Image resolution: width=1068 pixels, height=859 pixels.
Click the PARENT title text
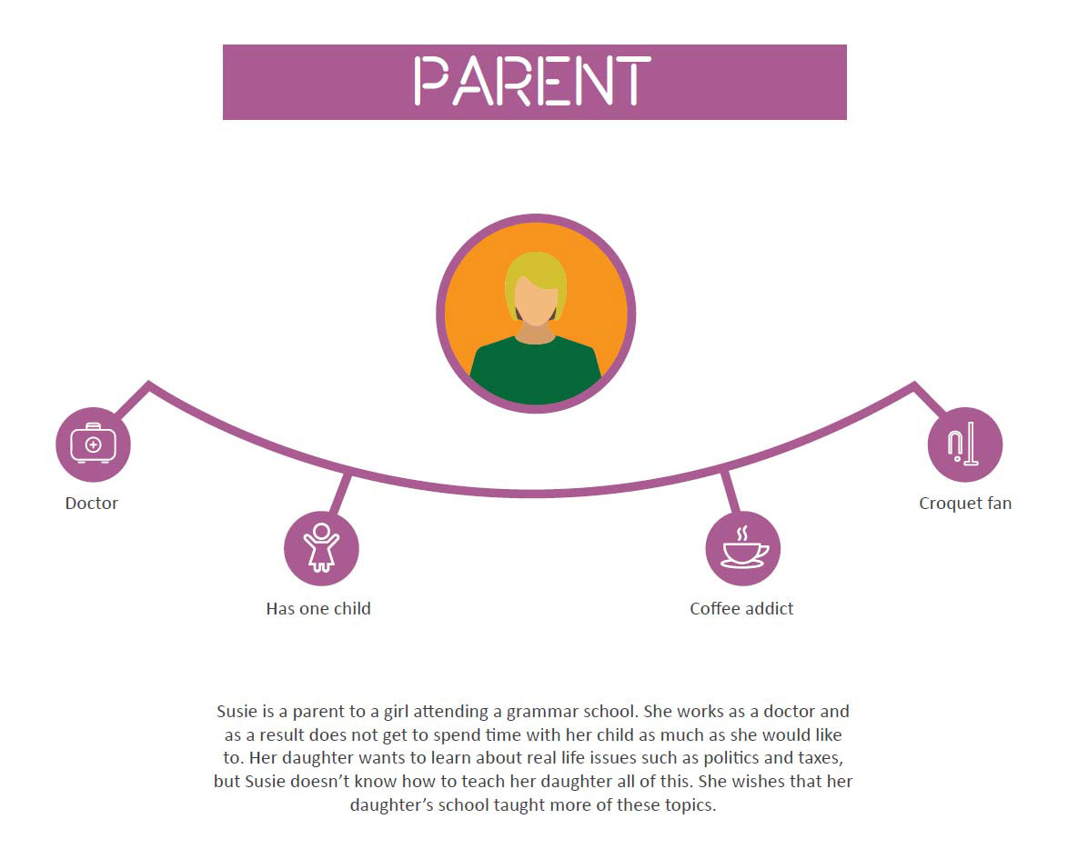[x=533, y=81]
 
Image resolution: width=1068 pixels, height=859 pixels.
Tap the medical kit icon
[x=94, y=443]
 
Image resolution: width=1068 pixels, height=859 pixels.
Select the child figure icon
[x=321, y=546]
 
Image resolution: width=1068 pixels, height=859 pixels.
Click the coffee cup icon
[x=743, y=547]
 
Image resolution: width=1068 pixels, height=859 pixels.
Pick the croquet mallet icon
[x=963, y=443]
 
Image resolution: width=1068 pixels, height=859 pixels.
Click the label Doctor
[x=91, y=503]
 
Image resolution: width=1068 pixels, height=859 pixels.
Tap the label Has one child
[x=318, y=608]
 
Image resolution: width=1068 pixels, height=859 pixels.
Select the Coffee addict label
[x=741, y=608]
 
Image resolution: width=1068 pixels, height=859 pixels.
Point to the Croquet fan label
[x=964, y=503]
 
